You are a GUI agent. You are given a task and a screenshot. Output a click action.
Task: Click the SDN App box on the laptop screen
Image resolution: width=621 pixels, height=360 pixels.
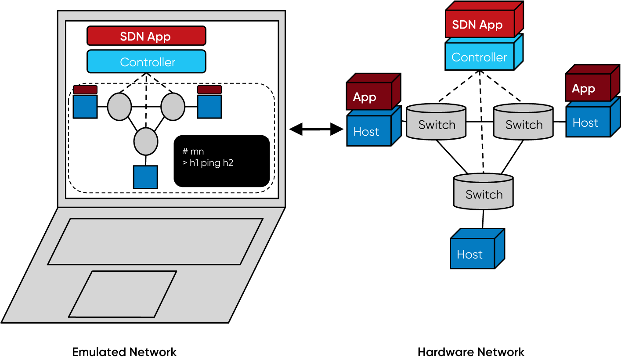[146, 36]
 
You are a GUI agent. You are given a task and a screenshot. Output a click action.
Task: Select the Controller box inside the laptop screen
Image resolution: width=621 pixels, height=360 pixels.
[146, 61]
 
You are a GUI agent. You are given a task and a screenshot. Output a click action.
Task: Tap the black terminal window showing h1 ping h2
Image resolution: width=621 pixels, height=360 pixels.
[221, 161]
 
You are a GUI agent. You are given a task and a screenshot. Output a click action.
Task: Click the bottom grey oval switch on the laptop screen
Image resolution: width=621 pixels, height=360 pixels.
[145, 141]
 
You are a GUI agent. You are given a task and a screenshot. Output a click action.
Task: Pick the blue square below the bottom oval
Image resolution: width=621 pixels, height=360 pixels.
[145, 177]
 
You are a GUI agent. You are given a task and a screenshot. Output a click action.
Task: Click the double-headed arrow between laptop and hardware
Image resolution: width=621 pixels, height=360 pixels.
[316, 129]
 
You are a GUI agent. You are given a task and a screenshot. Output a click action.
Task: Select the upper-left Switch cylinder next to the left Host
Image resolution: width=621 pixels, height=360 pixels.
[436, 122]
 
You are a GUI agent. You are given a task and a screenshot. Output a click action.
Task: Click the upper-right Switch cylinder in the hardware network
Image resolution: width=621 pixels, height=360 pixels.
[524, 122]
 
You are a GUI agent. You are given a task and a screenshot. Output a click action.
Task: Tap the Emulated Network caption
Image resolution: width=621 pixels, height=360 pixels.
[124, 352]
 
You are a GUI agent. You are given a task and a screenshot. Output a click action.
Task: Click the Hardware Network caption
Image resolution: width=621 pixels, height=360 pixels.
[471, 352]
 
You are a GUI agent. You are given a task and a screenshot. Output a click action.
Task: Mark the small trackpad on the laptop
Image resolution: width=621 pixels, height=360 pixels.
[123, 294]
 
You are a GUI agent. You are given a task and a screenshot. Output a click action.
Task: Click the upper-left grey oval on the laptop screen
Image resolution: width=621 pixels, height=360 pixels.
[119, 106]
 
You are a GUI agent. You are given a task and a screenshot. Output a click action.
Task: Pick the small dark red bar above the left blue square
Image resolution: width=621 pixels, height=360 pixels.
[85, 90]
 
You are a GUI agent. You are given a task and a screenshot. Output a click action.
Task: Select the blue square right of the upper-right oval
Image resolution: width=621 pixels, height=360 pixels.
[209, 106]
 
